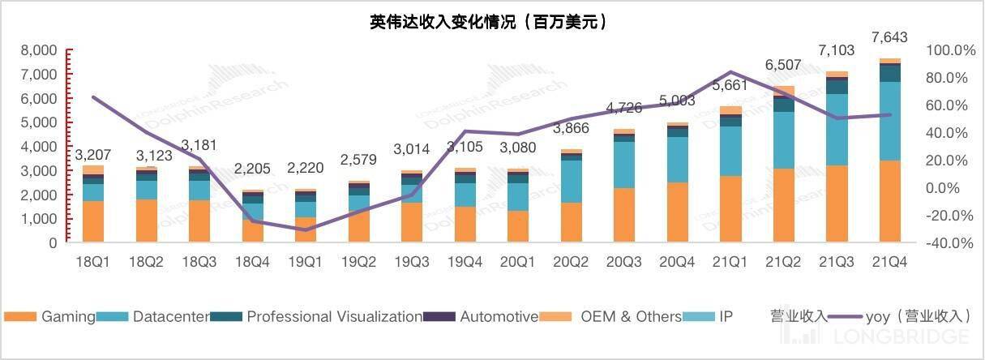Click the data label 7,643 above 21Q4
tap(889, 37)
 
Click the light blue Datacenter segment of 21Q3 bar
tap(836, 130)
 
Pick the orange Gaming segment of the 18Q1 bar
tap(93, 221)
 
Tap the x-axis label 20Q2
tap(571, 262)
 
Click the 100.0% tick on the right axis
tap(950, 50)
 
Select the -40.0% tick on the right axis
tap(950, 242)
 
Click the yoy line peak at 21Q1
tap(730, 72)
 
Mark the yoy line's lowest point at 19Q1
tap(305, 230)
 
